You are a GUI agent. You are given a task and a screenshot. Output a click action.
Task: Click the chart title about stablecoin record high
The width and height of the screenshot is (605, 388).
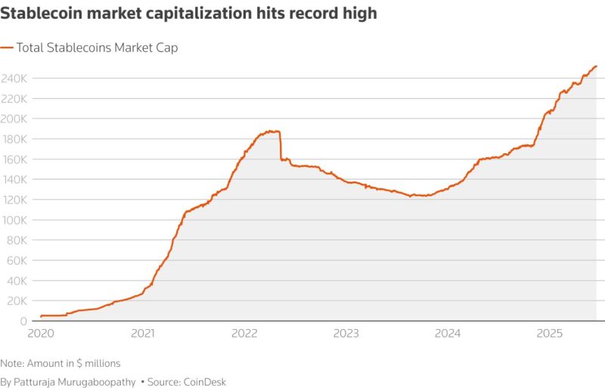(x=188, y=14)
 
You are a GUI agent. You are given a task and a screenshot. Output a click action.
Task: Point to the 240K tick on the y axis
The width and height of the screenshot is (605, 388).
(x=15, y=79)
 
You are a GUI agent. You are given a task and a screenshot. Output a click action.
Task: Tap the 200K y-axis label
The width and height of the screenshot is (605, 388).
(x=15, y=119)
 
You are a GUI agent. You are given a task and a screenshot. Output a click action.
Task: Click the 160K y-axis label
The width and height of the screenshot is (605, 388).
(x=15, y=159)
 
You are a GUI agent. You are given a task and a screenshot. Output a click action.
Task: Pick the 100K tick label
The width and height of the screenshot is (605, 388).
(x=15, y=220)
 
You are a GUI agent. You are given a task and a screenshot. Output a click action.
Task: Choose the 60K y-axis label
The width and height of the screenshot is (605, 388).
(x=17, y=260)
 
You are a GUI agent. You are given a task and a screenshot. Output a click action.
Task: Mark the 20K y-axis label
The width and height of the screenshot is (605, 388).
(x=17, y=301)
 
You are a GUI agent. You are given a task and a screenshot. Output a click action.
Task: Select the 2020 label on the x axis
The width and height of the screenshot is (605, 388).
(x=42, y=333)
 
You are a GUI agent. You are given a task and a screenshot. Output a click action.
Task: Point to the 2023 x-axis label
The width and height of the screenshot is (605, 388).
(x=346, y=333)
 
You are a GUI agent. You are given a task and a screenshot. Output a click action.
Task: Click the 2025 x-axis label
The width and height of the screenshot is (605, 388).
(x=550, y=333)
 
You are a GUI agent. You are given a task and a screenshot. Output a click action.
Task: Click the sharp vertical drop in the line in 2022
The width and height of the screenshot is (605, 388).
(x=281, y=146)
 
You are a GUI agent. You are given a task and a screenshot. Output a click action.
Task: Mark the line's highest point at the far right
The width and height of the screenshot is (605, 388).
(x=597, y=66)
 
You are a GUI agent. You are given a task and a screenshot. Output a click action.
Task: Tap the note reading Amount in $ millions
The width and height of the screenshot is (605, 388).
(x=60, y=363)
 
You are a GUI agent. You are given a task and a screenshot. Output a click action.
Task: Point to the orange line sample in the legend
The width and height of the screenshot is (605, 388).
(x=7, y=48)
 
